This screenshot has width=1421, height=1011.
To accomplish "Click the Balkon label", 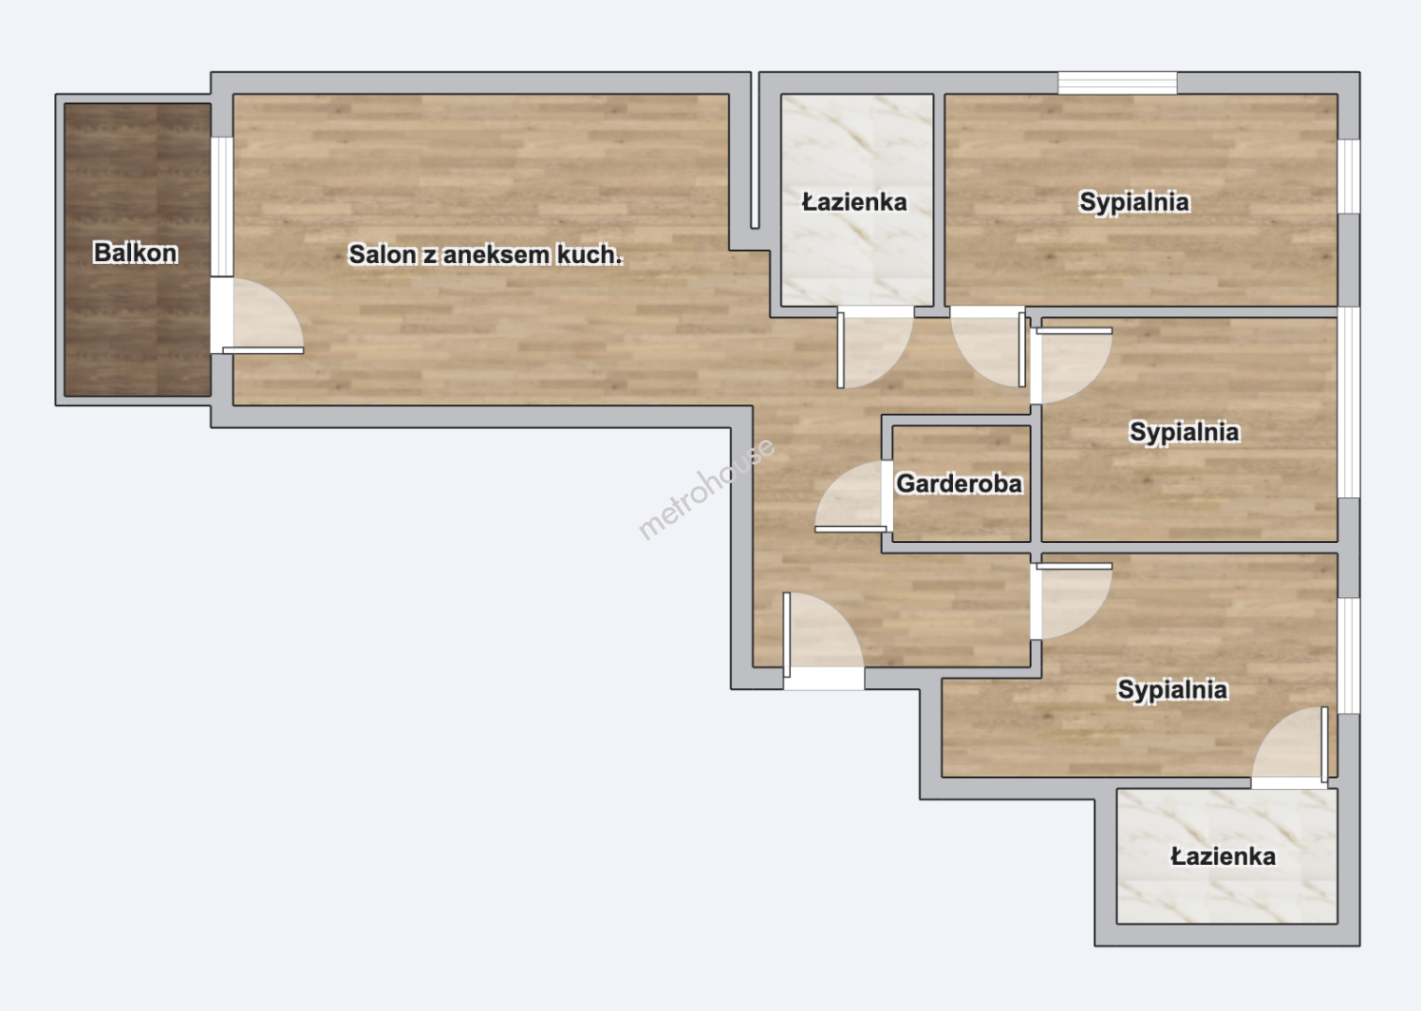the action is point(135,253).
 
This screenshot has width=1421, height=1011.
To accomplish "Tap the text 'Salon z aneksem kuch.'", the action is point(485,255).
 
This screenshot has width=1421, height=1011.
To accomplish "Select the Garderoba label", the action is point(959,484).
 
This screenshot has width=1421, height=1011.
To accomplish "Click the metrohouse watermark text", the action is point(706,489).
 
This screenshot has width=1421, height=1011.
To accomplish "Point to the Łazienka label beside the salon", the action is point(854,202).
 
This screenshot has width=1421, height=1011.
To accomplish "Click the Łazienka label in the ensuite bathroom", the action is point(1223,857).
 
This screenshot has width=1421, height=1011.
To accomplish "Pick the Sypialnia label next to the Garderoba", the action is point(1184,432).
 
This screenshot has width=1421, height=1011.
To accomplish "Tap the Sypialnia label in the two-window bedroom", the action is point(1135,201).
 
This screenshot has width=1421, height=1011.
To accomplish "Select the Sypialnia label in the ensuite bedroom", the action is point(1172,689).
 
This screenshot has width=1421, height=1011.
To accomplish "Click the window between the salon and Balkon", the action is point(222,207).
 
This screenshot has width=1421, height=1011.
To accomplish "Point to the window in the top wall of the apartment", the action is point(1117,83).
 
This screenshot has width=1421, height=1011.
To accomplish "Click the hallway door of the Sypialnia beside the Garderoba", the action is point(1071,366).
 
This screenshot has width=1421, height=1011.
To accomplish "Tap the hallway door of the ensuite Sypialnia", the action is point(1071,601).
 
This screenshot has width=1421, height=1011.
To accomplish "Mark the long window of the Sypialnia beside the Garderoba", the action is point(1349,403).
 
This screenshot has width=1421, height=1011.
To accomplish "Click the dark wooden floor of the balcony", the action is point(138,250).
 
